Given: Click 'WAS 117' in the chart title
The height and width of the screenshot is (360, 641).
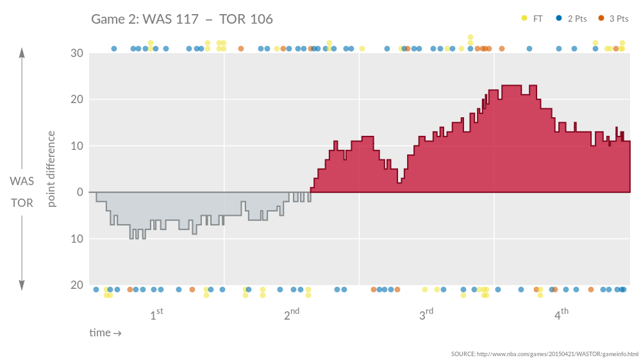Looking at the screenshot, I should [171, 19].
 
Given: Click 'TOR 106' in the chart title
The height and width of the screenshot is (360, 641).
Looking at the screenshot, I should [246, 19].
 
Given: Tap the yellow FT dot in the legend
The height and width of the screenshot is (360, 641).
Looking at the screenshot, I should [524, 19].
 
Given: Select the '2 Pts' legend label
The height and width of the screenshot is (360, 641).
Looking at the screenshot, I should [577, 19].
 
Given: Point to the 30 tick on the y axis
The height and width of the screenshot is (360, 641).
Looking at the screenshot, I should [76, 53].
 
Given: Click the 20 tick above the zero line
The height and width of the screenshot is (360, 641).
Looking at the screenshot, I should [76, 99].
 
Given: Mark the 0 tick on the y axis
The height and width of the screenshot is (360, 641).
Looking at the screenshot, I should [79, 192].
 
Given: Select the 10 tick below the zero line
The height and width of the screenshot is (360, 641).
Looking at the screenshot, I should [76, 239].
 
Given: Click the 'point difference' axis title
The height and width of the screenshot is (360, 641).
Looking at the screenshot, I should [52, 169].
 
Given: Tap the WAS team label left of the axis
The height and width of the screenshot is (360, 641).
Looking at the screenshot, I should [22, 181].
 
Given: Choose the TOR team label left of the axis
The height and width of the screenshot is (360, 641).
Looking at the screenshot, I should [22, 203].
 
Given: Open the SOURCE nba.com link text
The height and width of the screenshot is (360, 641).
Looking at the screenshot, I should [544, 354].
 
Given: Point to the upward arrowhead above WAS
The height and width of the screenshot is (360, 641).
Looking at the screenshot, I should [22, 53].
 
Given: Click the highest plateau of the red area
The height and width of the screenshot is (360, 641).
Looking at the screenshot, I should [511, 86].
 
